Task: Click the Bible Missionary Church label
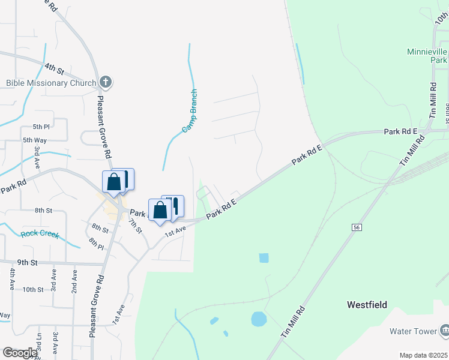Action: click(51, 83)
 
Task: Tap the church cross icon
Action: click(105, 82)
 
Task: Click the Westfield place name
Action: click(367, 305)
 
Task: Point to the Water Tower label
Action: click(412, 331)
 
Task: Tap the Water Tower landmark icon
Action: click(444, 330)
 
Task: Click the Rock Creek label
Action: click(40, 234)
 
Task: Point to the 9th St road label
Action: click(28, 262)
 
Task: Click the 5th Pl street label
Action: click(41, 127)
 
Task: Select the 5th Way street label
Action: click(35, 140)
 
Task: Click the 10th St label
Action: click(33, 289)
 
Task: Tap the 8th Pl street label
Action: click(96, 242)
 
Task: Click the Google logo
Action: click(20, 353)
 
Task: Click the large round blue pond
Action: click(259, 319)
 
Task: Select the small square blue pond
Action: click(264, 258)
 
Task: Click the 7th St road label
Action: click(134, 226)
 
